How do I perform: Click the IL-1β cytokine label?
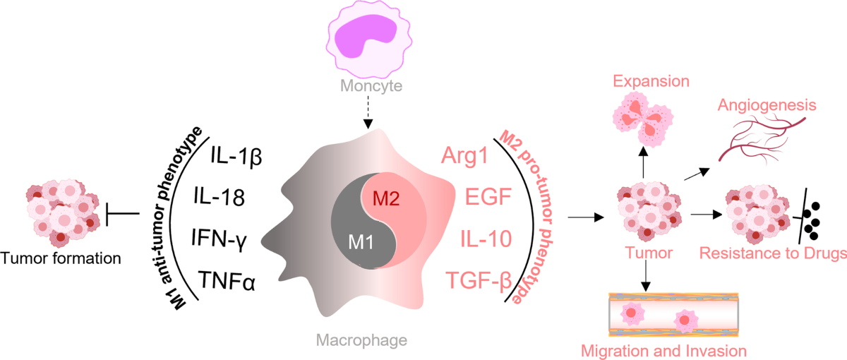236,156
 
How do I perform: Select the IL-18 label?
220,197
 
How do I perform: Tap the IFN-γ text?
220,239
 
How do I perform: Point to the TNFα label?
227,281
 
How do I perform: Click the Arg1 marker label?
464,156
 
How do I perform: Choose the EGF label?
488,197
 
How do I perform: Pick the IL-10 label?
486,239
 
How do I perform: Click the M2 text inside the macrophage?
386,198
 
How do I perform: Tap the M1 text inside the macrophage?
361,242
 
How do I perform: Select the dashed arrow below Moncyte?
368,112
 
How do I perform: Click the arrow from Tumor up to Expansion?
643,162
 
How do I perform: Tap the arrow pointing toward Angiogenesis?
697,174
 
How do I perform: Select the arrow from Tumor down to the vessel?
646,276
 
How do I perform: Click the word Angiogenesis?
767,105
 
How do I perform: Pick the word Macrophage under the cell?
361,340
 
